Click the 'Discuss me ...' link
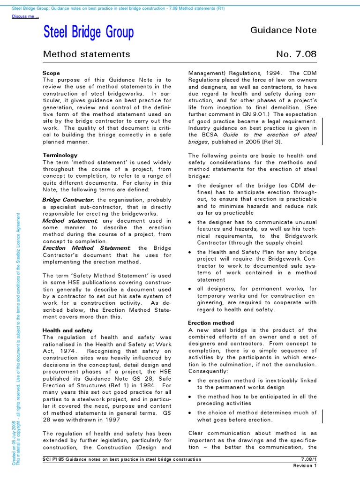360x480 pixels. tap(25, 16)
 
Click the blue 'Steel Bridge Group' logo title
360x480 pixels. tap(89, 32)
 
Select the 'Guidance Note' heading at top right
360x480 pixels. tap(284, 30)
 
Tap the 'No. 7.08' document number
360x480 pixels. tap(297, 54)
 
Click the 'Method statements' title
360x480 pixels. tap(87, 54)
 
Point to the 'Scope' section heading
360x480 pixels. tap(51, 74)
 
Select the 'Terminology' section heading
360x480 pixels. tap(60, 155)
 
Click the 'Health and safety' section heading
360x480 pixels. tap(67, 330)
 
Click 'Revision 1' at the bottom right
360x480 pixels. tap(305, 465)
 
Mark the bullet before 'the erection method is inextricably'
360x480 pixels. tap(190, 381)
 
